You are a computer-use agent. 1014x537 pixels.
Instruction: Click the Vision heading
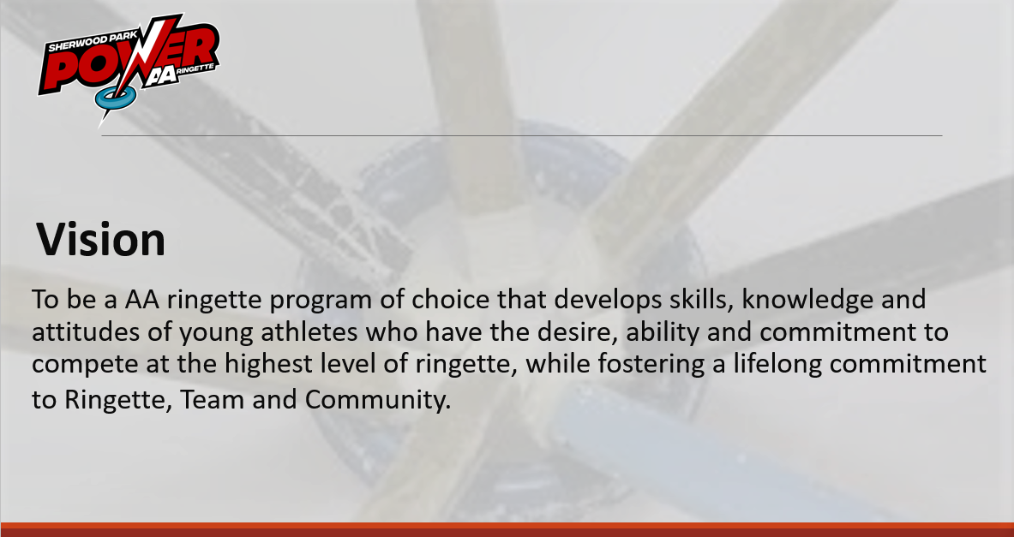[x=101, y=239]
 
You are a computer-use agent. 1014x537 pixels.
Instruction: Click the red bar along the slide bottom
[x=507, y=529]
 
